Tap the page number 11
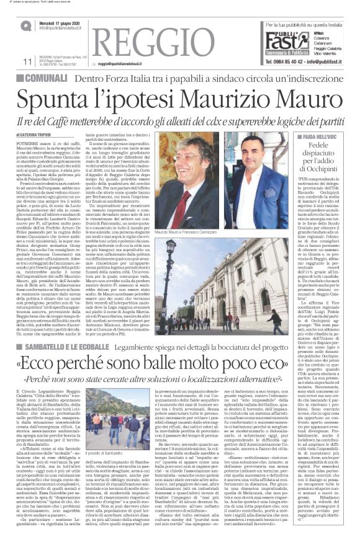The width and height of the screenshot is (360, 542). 27,61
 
